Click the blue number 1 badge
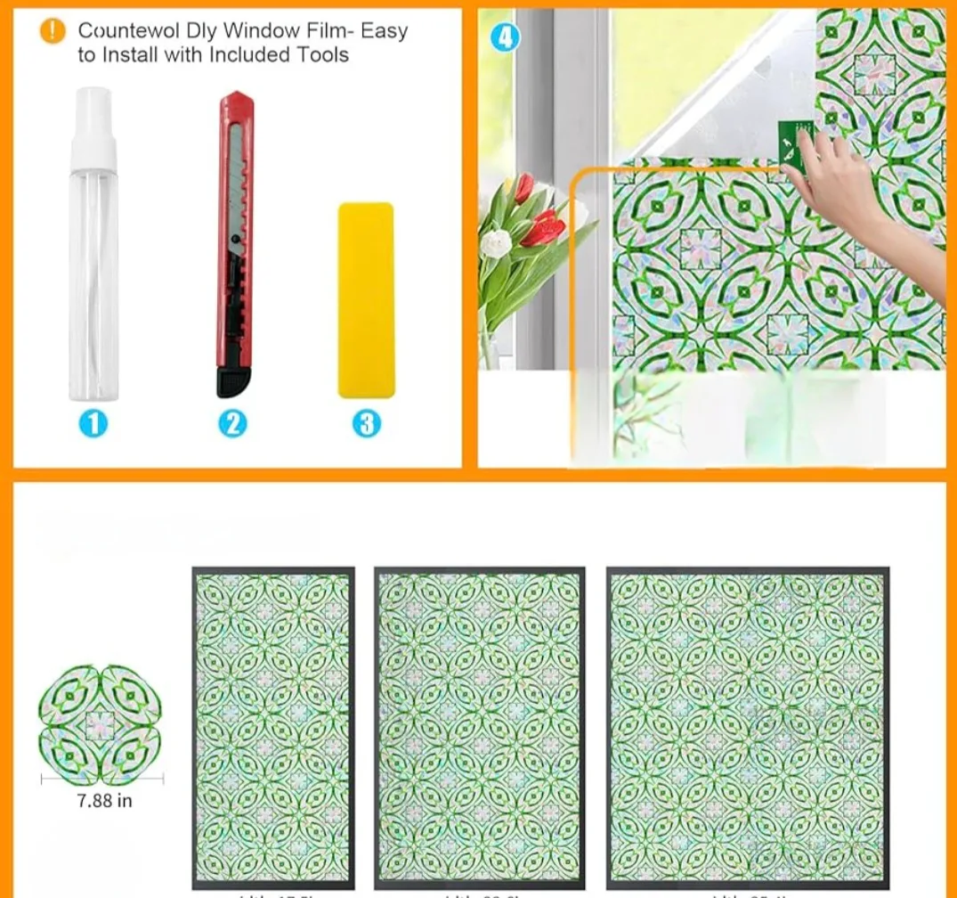pos(93,423)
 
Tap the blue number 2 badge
pos(231,423)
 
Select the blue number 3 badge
pos(367,423)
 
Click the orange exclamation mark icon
pos(53,31)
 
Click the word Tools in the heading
pos(323,54)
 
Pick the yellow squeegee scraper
pos(366,299)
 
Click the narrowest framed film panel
pos(273,727)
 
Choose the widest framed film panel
pos(747,727)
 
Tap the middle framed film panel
pos(480,727)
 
